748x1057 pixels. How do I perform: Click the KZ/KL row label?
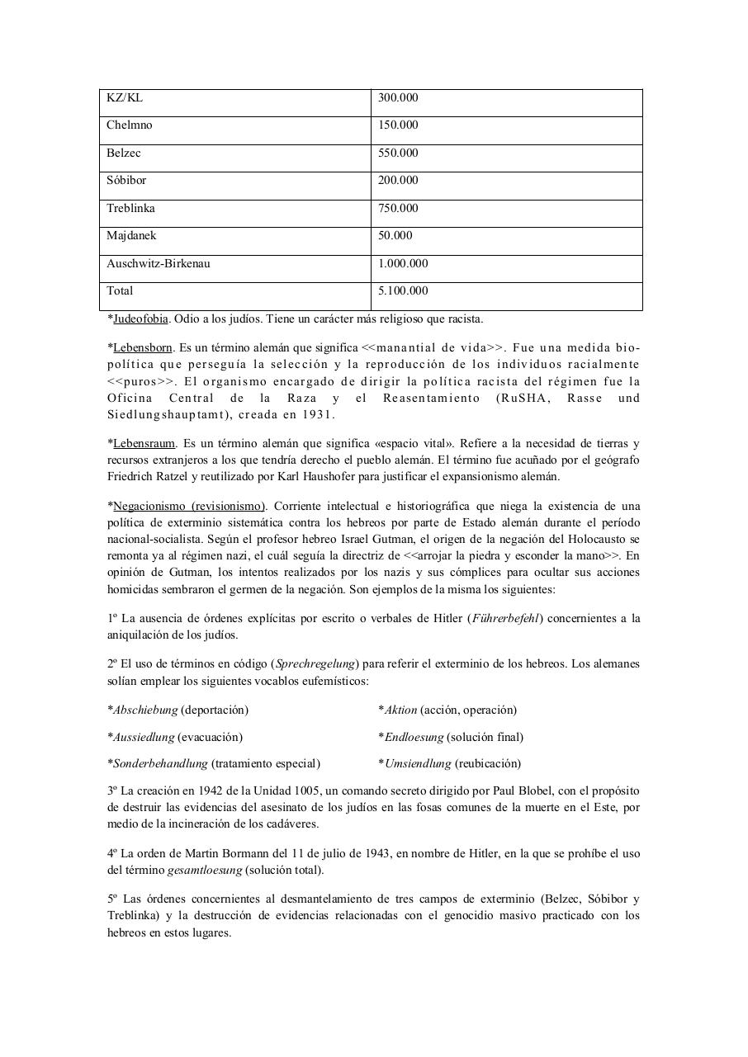[125, 98]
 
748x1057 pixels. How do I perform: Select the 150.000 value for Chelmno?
[398, 125]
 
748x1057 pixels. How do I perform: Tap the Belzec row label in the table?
[124, 153]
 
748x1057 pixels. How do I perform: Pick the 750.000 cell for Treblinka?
[398, 209]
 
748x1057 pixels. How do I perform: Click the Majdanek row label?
[131, 236]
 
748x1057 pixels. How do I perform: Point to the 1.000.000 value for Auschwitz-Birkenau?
[403, 264]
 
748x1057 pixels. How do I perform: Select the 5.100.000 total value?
[403, 291]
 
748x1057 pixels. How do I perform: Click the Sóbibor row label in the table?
[126, 181]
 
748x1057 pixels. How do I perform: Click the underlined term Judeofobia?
[140, 319]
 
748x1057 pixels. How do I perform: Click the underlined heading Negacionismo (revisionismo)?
[188, 506]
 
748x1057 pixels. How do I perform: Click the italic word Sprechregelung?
[315, 664]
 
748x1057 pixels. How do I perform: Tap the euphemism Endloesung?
[414, 737]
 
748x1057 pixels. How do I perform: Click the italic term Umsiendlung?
[418, 764]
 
